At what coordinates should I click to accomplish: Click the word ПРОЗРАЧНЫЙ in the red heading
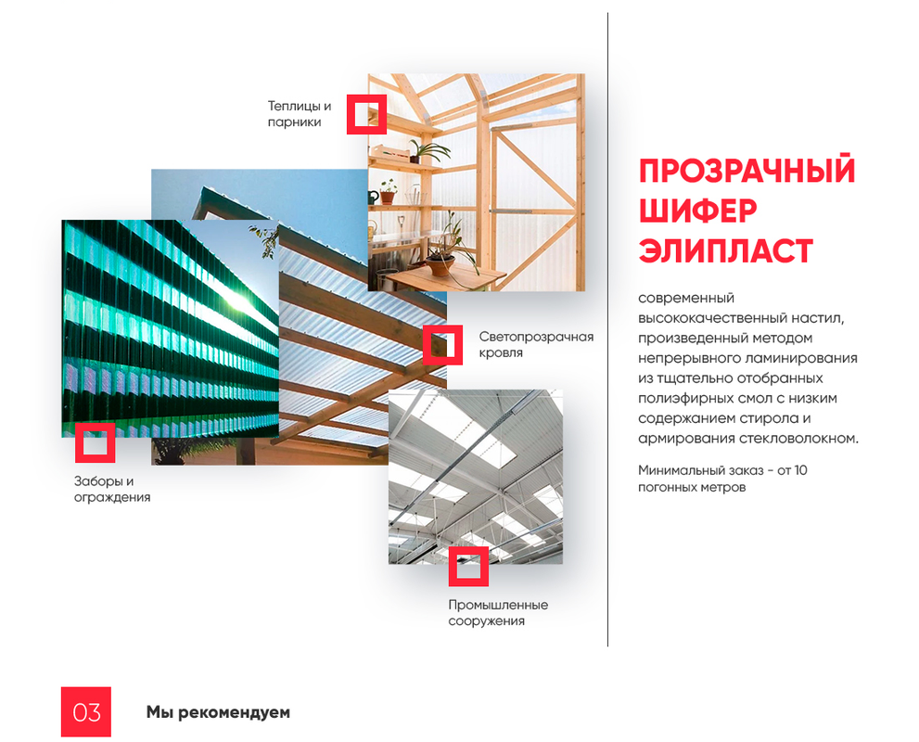coord(747,171)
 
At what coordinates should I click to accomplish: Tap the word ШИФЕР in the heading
coord(697,211)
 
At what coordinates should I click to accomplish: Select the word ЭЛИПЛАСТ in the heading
coord(725,250)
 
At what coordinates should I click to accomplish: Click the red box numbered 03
coord(86,711)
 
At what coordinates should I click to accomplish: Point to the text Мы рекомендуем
coord(218,712)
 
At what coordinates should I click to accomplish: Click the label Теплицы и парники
coord(300,114)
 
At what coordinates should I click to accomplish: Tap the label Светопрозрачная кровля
coord(536,345)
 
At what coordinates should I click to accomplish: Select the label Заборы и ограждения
coord(112,489)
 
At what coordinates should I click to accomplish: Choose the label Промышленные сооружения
coord(498,612)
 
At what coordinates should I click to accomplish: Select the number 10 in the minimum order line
coord(800,470)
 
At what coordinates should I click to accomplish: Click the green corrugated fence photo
coord(170,328)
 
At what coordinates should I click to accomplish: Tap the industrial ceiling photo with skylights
coord(476,477)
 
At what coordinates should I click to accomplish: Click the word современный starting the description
coord(686,298)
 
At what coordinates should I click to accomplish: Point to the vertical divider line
coord(607,329)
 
